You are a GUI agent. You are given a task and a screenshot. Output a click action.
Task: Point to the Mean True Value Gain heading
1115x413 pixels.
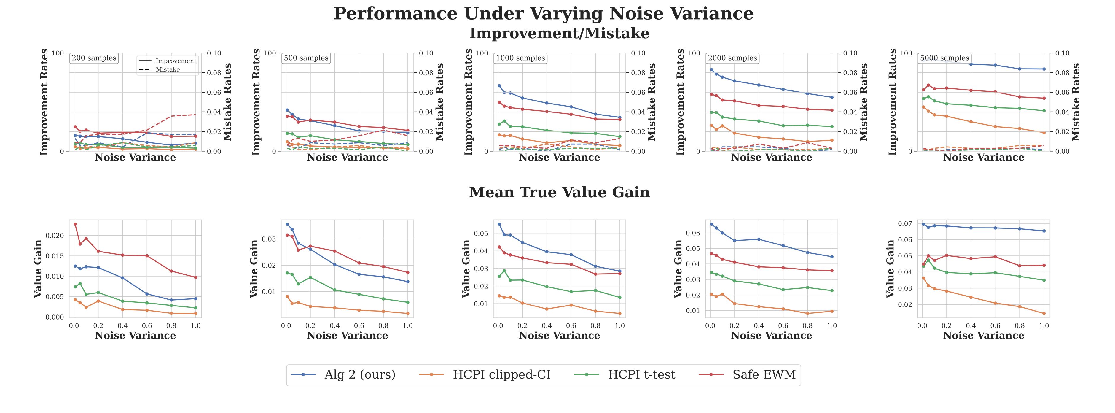(559, 192)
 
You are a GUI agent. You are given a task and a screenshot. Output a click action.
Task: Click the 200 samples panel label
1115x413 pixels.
(94, 58)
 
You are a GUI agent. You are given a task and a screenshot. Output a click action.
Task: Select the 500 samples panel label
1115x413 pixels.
(306, 58)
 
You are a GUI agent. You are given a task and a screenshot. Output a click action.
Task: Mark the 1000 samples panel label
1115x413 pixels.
(520, 58)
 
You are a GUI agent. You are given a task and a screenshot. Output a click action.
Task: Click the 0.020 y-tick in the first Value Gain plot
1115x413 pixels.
(55, 236)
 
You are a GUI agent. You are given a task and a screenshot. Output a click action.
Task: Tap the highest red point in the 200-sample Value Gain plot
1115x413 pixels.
(75, 224)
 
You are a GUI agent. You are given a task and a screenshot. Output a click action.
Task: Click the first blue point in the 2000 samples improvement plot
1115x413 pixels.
(711, 69)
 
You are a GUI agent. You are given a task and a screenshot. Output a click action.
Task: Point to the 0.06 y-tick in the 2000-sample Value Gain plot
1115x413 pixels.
(693, 233)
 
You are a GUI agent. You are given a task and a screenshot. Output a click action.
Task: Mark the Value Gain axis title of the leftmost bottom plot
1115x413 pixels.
(38, 269)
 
